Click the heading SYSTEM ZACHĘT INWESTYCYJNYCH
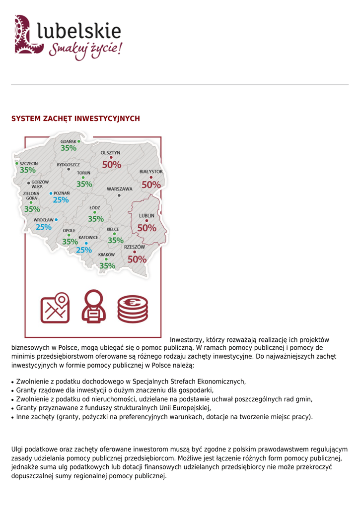[x=75, y=119]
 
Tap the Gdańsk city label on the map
[x=68, y=141]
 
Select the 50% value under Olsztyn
[x=112, y=165]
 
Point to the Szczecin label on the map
[x=29, y=163]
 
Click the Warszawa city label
[x=120, y=189]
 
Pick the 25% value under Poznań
[x=61, y=200]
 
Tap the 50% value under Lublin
[x=146, y=228]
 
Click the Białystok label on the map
[x=151, y=171]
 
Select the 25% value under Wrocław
[x=44, y=227]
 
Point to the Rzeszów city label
[x=135, y=247]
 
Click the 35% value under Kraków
[x=107, y=266]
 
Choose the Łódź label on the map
[x=94, y=207]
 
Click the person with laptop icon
[x=92, y=307]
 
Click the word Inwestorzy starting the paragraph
[x=187, y=340]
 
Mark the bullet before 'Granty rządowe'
[x=13, y=391]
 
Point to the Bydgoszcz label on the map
[x=68, y=164]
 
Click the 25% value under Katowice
[x=84, y=250]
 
